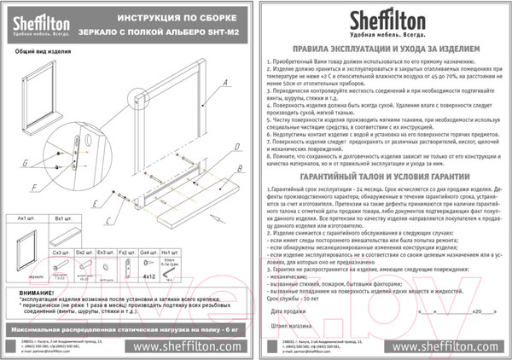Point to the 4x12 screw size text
tap(148, 276)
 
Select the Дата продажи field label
tap(288, 312)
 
